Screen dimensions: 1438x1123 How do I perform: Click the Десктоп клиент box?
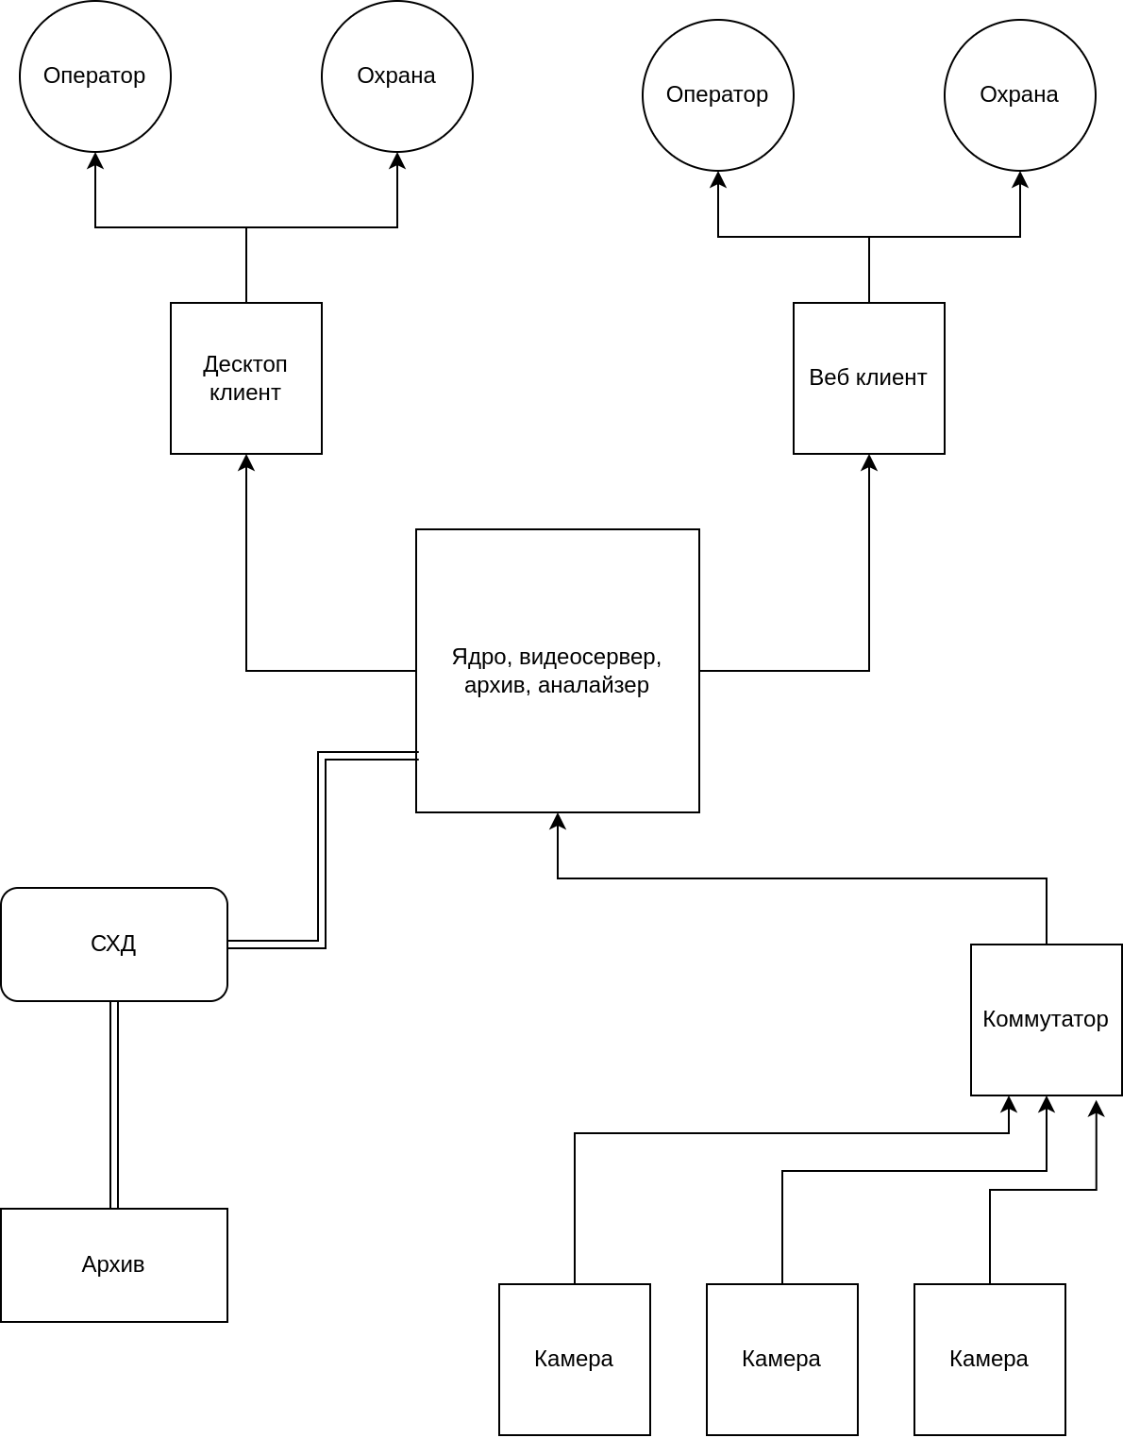(x=245, y=377)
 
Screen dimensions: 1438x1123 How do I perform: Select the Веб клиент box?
(x=868, y=377)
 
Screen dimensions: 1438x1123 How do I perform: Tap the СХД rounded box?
(x=113, y=943)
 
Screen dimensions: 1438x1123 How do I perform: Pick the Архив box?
(x=113, y=1264)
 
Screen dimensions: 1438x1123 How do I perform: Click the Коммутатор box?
(x=1046, y=1019)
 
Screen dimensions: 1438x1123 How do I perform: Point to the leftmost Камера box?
(x=574, y=1359)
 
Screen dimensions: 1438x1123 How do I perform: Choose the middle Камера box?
(x=781, y=1359)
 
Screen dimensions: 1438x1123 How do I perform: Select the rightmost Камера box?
(x=989, y=1359)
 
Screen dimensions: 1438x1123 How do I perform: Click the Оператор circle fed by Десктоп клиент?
(x=94, y=75)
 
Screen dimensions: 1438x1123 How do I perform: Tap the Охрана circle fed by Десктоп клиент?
(x=396, y=75)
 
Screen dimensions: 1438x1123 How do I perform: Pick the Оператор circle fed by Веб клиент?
(x=717, y=94)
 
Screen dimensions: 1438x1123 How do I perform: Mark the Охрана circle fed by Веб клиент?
(x=1019, y=94)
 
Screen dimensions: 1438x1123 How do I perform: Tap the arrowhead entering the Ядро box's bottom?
(x=558, y=821)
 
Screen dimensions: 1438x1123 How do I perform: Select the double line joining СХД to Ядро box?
(x=322, y=849)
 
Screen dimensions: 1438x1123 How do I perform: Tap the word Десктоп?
(x=244, y=364)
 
